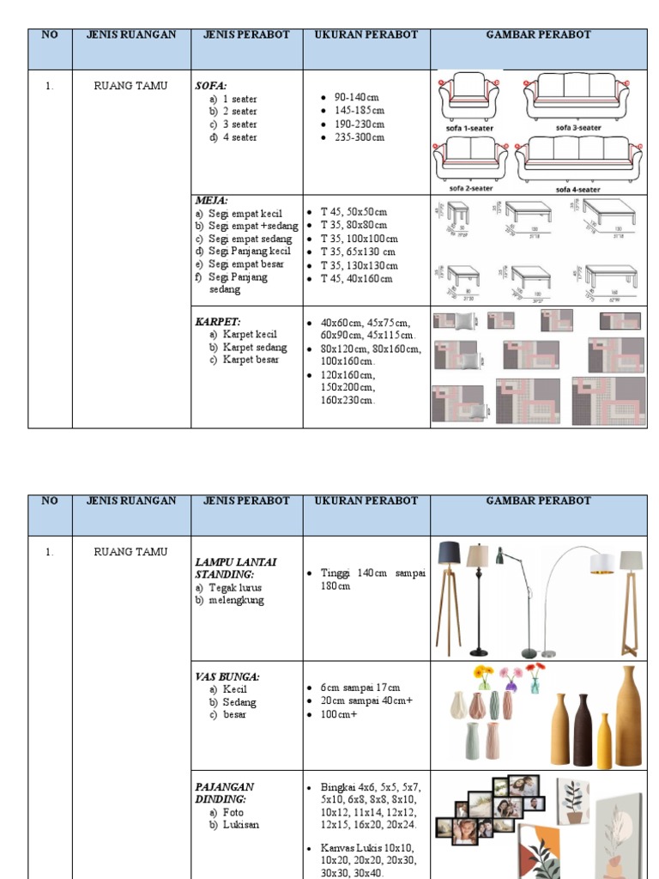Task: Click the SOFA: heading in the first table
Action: [210, 86]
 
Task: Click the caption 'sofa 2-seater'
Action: [469, 188]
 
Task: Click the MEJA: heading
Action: [211, 200]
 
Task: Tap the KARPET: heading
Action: [217, 321]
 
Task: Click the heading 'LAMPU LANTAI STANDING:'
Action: [236, 567]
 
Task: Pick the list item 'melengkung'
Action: [236, 600]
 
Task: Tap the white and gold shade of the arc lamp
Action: [602, 563]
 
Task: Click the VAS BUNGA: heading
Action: [227, 676]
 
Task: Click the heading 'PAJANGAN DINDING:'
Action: [225, 792]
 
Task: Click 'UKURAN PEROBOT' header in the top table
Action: [366, 35]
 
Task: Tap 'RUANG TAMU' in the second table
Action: [130, 552]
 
